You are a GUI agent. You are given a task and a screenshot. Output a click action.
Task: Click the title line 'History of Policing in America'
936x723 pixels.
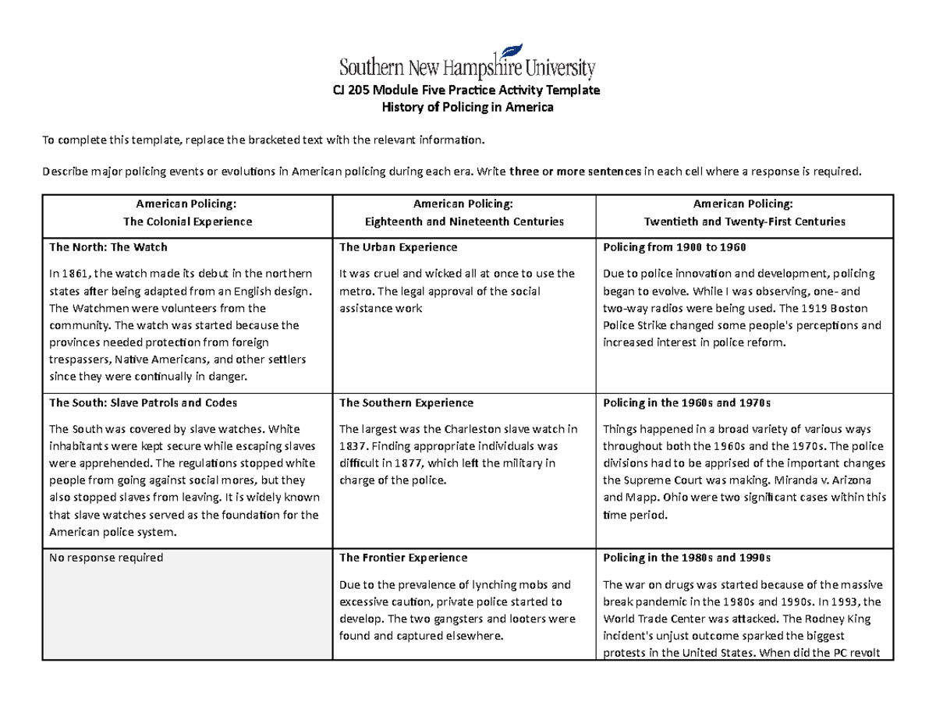click(466, 108)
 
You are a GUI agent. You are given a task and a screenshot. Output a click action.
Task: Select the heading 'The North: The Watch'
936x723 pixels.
click(108, 247)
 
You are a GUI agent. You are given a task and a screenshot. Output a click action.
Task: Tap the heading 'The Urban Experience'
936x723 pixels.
click(398, 247)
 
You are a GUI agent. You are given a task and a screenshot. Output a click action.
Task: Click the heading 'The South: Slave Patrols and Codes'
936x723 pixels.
click(143, 403)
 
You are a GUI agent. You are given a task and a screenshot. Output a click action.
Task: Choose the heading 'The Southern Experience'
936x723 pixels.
click(406, 403)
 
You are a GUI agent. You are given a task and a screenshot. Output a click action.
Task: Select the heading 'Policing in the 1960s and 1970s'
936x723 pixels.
click(687, 403)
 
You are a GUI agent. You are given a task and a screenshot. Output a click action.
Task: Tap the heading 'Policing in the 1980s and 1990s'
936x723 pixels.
click(687, 558)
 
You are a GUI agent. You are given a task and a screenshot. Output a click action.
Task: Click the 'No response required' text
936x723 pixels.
click(105, 558)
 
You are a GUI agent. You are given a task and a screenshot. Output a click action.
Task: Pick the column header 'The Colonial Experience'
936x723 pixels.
click(186, 222)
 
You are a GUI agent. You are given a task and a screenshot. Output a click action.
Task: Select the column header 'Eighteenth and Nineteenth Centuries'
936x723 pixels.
click(464, 222)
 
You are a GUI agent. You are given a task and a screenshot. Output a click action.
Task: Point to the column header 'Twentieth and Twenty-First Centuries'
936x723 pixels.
click(743, 222)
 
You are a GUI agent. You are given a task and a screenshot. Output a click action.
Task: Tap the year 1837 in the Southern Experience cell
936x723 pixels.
click(349, 446)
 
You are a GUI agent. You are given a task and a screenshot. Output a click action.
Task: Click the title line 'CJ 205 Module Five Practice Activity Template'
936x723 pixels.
click(466, 90)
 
